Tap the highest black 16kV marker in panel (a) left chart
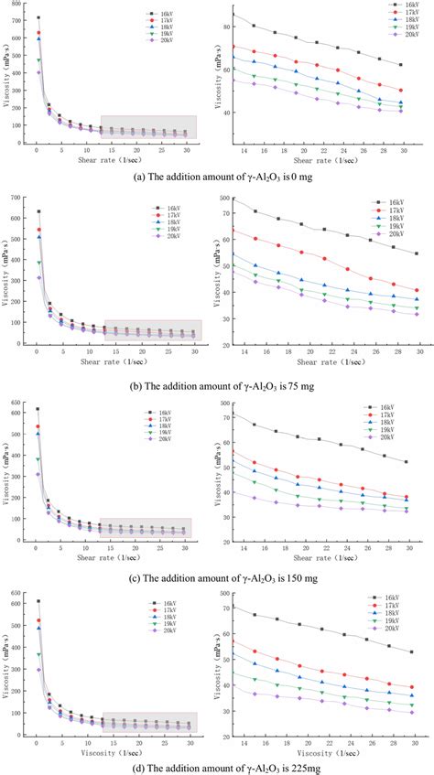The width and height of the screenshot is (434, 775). pyautogui.click(x=38, y=17)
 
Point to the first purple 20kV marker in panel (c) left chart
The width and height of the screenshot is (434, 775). pyautogui.click(x=38, y=474)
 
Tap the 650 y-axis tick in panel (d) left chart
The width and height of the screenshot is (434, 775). pyautogui.click(x=24, y=594)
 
